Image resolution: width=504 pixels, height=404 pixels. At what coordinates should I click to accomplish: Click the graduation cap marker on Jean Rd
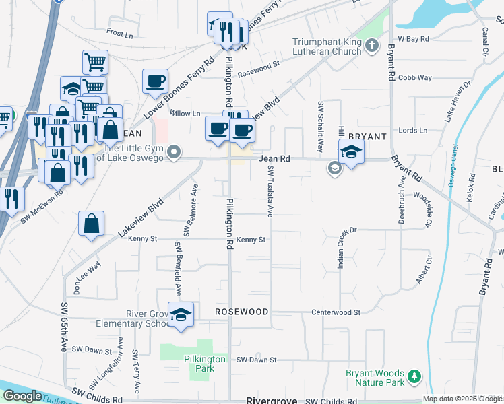click(351, 153)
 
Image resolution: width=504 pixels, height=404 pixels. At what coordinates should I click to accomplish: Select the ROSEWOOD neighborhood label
click(241, 312)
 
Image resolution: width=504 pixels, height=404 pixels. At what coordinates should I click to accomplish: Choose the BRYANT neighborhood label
click(367, 137)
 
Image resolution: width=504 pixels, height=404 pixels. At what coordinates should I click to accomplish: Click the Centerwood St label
click(336, 312)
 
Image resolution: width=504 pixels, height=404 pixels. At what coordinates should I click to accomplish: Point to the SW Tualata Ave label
click(270, 192)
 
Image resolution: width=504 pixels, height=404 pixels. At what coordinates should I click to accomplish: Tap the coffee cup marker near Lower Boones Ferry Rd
click(155, 82)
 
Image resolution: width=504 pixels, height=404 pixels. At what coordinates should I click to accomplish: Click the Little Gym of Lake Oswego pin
click(175, 151)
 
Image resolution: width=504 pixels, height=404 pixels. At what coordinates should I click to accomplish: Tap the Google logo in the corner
click(22, 396)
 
